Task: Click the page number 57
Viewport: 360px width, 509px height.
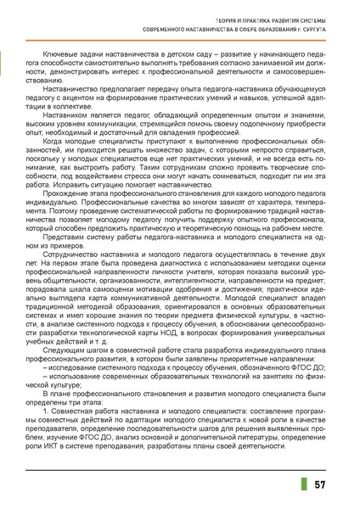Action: click(320, 484)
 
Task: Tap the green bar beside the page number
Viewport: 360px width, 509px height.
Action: click(304, 484)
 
